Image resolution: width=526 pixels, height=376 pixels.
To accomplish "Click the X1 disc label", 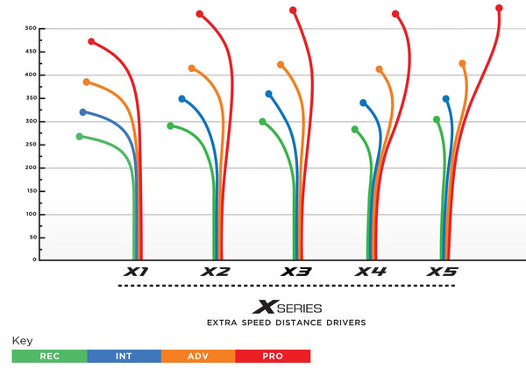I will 136,272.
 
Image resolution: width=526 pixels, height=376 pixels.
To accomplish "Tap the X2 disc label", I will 216,272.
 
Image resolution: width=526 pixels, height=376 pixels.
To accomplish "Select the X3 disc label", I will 296,272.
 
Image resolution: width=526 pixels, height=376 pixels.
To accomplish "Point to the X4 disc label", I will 371,272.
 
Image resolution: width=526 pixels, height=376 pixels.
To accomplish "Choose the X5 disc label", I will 442,272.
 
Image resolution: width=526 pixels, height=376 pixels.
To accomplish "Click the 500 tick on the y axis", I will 31,28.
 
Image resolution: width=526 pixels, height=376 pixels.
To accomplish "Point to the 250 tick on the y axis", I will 31,145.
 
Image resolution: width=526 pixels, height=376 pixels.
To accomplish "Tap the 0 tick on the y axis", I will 35,259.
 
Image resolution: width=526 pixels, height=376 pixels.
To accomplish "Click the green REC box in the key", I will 49,357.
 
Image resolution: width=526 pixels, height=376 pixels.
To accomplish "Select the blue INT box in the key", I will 124,357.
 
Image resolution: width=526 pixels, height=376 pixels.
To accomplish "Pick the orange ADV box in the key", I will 198,357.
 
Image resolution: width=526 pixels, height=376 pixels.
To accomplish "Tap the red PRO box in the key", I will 273,357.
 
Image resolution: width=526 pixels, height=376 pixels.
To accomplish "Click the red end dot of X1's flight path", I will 91,41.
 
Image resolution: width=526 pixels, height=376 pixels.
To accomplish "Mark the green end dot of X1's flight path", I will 80,137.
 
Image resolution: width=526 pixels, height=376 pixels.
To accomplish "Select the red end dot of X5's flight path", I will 499,8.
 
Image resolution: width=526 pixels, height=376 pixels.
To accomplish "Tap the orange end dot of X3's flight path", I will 281,64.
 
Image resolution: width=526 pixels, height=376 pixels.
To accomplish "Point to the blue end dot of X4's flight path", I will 363,103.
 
